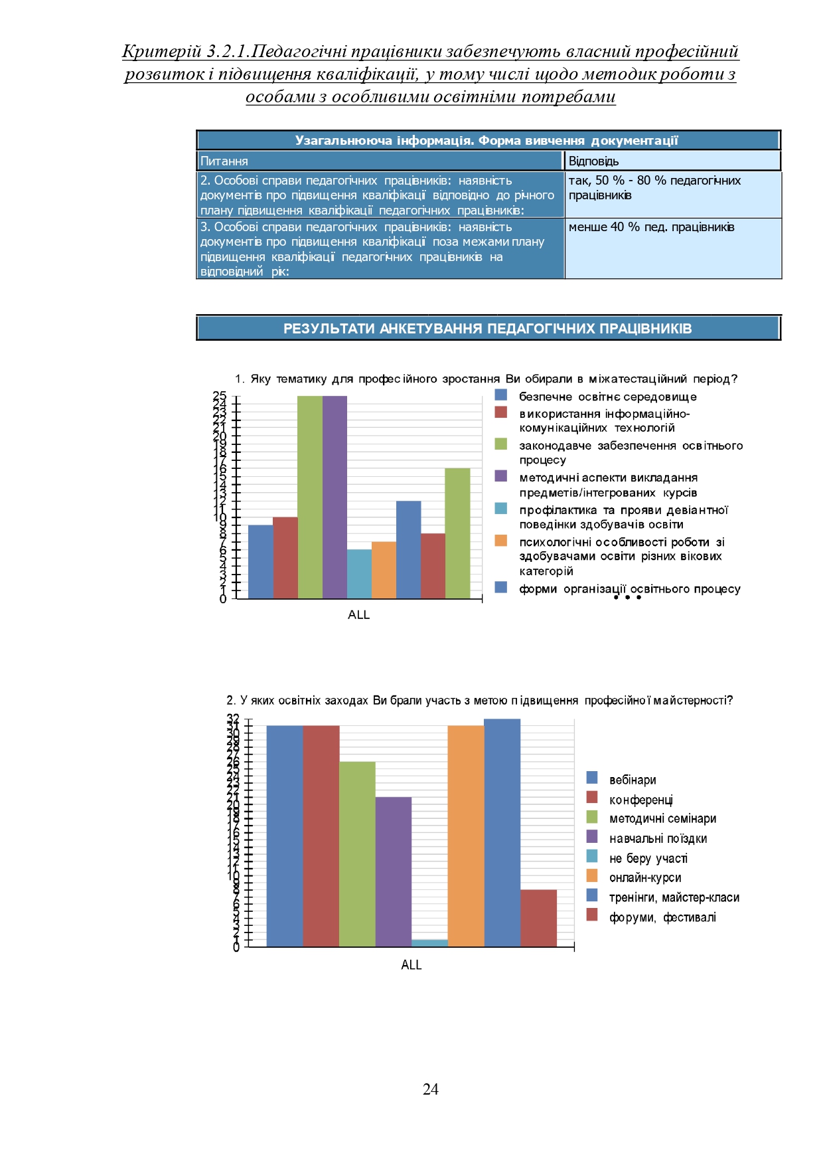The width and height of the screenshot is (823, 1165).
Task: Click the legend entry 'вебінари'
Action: [632, 780]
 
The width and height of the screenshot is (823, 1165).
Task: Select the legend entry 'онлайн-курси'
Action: [644, 877]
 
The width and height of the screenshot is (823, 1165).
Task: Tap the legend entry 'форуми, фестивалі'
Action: [662, 917]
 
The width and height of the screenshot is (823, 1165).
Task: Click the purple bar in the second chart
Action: [393, 871]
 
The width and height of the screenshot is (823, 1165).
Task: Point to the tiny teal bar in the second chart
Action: [429, 942]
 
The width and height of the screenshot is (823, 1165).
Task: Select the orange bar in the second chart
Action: [466, 836]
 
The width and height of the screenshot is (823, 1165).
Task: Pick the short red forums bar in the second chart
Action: [538, 918]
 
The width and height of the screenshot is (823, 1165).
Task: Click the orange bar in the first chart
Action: [384, 570]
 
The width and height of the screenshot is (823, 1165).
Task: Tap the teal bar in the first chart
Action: [359, 574]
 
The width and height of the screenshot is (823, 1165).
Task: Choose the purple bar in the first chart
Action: [335, 497]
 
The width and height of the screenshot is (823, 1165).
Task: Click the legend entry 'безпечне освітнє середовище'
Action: [607, 397]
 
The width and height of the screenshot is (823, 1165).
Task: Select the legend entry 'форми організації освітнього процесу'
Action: [629, 588]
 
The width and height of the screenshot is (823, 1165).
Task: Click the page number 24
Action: [430, 1089]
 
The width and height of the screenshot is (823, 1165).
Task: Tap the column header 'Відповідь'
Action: [593, 161]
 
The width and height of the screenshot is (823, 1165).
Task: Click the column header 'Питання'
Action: [224, 161]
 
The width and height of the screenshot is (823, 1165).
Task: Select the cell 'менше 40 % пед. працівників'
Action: [651, 227]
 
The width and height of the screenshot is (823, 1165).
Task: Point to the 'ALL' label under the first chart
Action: [358, 614]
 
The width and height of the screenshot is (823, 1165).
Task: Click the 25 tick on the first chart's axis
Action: [220, 396]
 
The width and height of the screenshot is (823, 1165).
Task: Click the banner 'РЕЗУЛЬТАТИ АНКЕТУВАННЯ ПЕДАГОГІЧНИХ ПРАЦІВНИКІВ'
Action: [487, 328]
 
